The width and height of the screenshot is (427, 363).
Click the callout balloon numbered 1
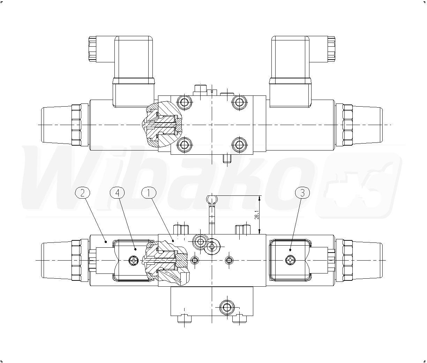coord(149,193)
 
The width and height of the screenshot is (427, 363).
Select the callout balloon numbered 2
coord(83,193)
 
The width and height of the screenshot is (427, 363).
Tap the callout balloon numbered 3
coord(302,193)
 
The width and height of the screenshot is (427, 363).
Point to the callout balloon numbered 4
coord(117,193)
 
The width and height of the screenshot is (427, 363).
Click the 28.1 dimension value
coord(256,215)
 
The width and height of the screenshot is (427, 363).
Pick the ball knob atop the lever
coord(212,200)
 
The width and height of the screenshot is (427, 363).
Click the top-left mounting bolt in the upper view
coord(185,102)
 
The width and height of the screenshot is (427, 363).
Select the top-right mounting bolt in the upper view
coord(239,102)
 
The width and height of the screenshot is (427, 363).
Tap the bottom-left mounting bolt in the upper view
coord(185,144)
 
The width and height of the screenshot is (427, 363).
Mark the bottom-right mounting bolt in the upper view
coord(239,144)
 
